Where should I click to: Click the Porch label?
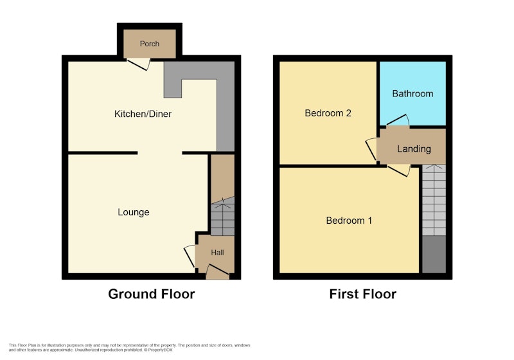[150, 44]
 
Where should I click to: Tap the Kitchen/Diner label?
[143, 114]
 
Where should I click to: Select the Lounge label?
[134, 212]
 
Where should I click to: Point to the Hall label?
[217, 253]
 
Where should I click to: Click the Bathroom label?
[412, 94]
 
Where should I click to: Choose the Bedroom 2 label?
[328, 113]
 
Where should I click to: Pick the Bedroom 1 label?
[349, 221]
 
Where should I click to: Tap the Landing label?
[414, 149]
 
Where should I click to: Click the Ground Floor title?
[152, 294]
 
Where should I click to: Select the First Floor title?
[363, 294]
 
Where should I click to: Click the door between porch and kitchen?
[139, 64]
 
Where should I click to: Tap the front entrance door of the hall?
[218, 272]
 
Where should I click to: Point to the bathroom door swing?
[398, 120]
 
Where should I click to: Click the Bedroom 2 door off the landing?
[371, 149]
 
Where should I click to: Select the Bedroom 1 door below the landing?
[399, 170]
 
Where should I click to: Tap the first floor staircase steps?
[434, 200]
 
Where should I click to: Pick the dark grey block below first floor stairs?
[434, 254]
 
